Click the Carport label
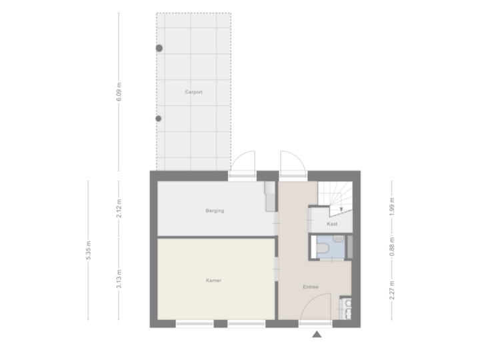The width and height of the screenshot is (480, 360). [x=193, y=92]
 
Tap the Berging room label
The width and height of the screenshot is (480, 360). [x=215, y=211]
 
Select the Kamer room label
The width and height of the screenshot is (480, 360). [x=213, y=281]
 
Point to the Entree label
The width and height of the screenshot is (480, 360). [x=311, y=287]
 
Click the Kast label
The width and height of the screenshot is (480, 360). [x=332, y=224]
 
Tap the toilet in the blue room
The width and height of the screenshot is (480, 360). [x=323, y=249]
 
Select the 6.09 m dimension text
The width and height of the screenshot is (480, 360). [x=119, y=92]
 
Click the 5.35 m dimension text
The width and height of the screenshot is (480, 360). [x=89, y=253]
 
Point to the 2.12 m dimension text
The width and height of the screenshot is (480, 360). [x=119, y=208]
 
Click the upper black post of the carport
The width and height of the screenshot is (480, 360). [x=159, y=48]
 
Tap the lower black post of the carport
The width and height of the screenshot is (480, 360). [x=159, y=119]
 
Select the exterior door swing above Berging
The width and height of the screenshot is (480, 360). [x=243, y=163]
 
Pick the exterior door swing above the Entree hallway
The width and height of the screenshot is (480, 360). [x=291, y=163]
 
